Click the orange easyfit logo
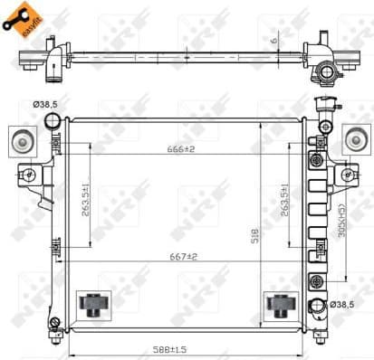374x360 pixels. (24, 19)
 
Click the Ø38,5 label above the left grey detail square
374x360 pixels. (45, 105)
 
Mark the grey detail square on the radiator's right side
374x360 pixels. (356, 138)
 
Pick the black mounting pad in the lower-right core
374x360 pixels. (275, 305)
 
